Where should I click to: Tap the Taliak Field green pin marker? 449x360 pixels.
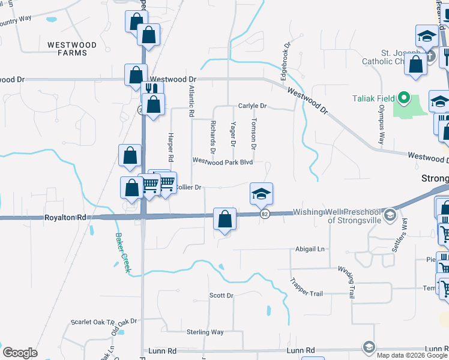[404, 97]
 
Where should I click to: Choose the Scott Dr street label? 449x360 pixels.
[221, 296]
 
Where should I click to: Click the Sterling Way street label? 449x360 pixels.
[205, 332]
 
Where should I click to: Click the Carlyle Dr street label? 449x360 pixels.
[252, 106]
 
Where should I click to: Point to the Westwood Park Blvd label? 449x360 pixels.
[222, 162]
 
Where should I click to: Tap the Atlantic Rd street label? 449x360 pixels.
[191, 101]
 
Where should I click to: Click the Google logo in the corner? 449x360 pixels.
[20, 353]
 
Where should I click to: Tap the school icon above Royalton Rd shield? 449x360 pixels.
[261, 193]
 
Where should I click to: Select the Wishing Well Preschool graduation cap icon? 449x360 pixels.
[390, 214]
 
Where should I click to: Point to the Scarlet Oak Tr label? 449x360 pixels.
[89, 322]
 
